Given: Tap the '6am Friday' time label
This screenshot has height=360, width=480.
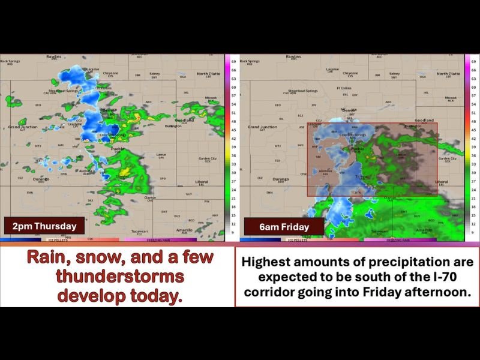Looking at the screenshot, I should tap(285, 227).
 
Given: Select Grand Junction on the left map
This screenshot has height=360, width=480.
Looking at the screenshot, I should tap(23, 127).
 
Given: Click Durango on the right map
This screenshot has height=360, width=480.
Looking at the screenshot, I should tap(280, 179).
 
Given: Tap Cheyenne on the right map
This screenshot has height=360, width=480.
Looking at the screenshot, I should tap(351, 73).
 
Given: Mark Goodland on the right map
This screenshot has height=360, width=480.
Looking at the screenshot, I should tap(424, 120).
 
